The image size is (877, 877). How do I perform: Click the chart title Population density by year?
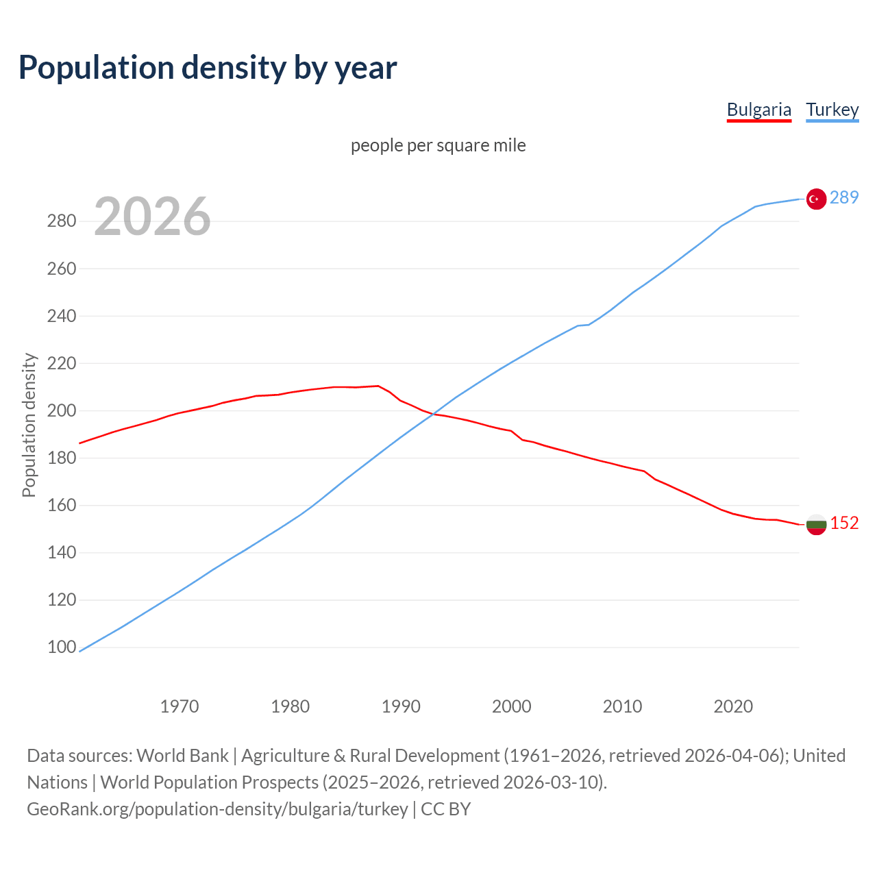[208, 67]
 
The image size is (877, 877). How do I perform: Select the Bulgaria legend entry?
[758, 110]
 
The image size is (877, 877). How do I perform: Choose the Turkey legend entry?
[832, 110]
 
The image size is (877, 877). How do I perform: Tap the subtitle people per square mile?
[438, 145]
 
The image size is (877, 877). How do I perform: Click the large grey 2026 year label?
[152, 217]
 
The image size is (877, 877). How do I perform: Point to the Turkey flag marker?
[815, 199]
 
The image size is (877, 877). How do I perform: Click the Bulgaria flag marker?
[815, 525]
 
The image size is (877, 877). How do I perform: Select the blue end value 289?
[843, 197]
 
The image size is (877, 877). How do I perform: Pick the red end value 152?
[843, 523]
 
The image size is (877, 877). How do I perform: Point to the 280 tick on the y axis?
[61, 221]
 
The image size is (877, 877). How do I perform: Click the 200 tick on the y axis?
[61, 411]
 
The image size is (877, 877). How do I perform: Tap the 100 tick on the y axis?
[61, 647]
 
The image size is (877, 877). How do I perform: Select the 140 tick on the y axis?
[61, 553]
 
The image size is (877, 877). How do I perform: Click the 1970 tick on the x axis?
[180, 706]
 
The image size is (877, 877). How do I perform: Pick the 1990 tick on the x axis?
[401, 706]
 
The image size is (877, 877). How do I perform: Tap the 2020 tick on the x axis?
[733, 706]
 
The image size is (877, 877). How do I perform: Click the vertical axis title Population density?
[29, 425]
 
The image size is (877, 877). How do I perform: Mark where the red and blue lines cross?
[434, 414]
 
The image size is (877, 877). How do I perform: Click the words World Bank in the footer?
[182, 755]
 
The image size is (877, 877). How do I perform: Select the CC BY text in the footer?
[445, 808]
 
